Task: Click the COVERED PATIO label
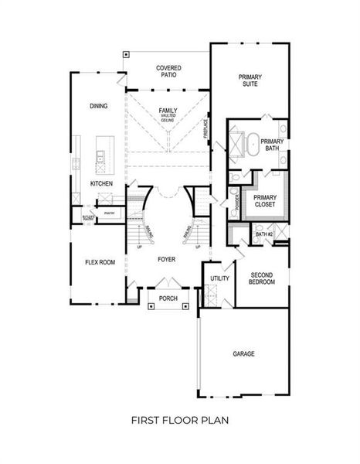point(168,72)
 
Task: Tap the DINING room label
point(98,106)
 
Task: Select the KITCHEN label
point(101,183)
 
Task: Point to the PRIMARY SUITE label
point(250,81)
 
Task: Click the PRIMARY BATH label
point(272,145)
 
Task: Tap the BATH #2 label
point(264,234)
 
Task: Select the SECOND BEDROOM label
point(262,278)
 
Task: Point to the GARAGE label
point(244,353)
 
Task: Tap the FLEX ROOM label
point(100,262)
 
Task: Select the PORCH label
point(168,299)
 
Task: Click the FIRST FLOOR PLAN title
point(179,420)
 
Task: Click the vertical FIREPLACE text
point(206,128)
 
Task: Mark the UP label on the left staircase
point(139,247)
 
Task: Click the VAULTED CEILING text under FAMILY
point(168,118)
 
